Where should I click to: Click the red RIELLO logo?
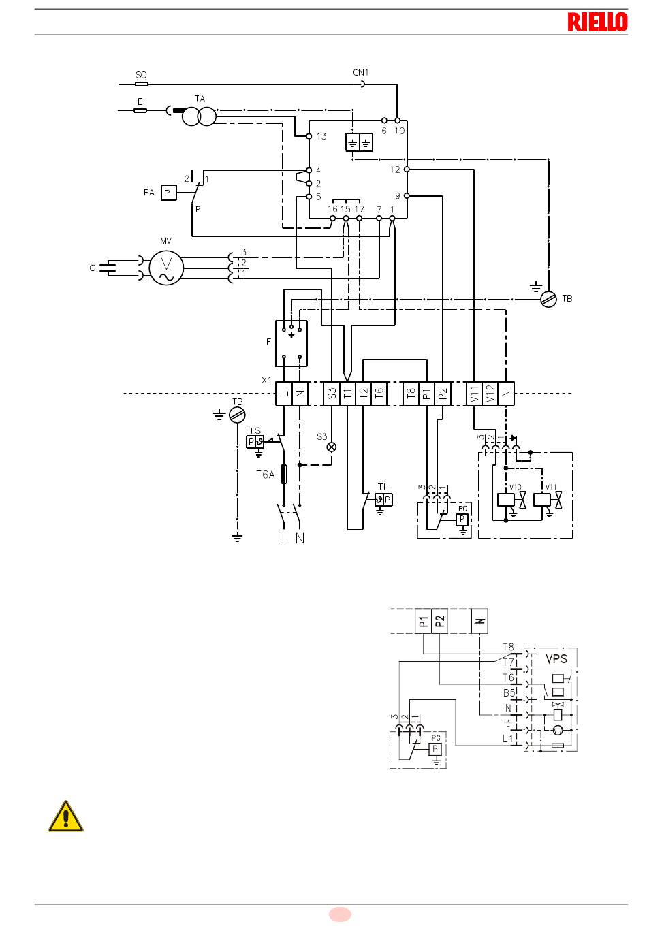click(x=597, y=22)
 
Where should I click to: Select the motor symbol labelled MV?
click(x=166, y=268)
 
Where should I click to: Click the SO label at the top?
click(x=141, y=75)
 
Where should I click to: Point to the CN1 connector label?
click(x=360, y=72)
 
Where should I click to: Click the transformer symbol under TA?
click(x=199, y=116)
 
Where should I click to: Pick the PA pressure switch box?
click(x=168, y=193)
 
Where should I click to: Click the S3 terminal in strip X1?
click(x=332, y=394)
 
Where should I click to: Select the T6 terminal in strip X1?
click(x=379, y=394)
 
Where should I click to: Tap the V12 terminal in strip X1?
click(x=490, y=394)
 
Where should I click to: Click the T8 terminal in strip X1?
click(x=411, y=394)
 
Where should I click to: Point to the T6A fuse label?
click(x=265, y=475)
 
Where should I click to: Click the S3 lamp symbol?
click(x=332, y=447)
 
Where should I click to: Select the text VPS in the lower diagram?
click(x=556, y=659)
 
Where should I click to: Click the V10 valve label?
click(x=515, y=487)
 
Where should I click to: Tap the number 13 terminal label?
click(x=321, y=136)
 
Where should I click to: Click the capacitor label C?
click(x=92, y=268)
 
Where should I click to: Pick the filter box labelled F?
click(x=291, y=343)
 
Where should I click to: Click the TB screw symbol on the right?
click(x=549, y=299)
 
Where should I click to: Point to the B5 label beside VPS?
click(x=509, y=693)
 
